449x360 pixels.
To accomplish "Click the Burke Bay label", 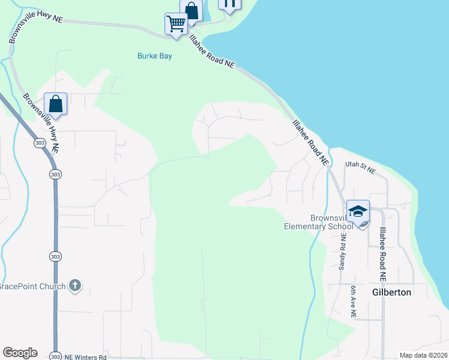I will coord(155,56).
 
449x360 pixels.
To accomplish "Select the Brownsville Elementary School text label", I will coord(319,222).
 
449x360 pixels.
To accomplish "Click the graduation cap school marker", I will coord(358,212).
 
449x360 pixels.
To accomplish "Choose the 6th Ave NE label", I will coord(354,301).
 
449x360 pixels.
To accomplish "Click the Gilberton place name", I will coord(392,292).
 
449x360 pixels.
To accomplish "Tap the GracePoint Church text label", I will coord(32,286).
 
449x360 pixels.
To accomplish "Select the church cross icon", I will coord(74,286).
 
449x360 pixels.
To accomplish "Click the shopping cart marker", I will coord(176,24).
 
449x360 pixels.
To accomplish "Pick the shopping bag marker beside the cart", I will coord(191,10).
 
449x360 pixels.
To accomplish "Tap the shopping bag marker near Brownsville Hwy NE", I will coord(56,104).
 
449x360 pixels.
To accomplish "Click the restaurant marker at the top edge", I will coord(229,4).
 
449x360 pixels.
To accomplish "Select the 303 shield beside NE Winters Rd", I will coord(55,356).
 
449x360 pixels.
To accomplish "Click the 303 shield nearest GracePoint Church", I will coord(55,256).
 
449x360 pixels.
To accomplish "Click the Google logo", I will coord(20,353).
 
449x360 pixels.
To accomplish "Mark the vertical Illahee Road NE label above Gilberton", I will coord(382,253).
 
